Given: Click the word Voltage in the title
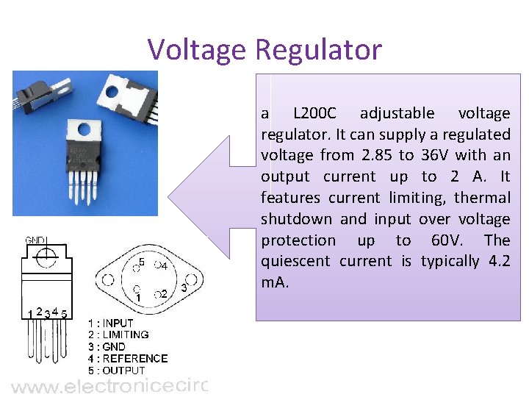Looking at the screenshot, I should coord(197,50).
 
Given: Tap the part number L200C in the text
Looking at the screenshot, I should coord(314,113).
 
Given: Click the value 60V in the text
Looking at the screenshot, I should coord(449,240).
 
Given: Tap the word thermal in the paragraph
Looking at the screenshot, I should coord(482,198).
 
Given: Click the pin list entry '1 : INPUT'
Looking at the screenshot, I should coord(111,323).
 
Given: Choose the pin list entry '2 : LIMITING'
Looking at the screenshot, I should coord(118,335).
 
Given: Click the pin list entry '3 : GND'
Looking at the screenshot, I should coord(107,346).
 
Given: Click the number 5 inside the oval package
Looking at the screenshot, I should coord(142,262).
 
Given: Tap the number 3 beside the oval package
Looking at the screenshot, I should coord(184,288).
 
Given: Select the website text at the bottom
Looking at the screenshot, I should coord(110,386).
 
